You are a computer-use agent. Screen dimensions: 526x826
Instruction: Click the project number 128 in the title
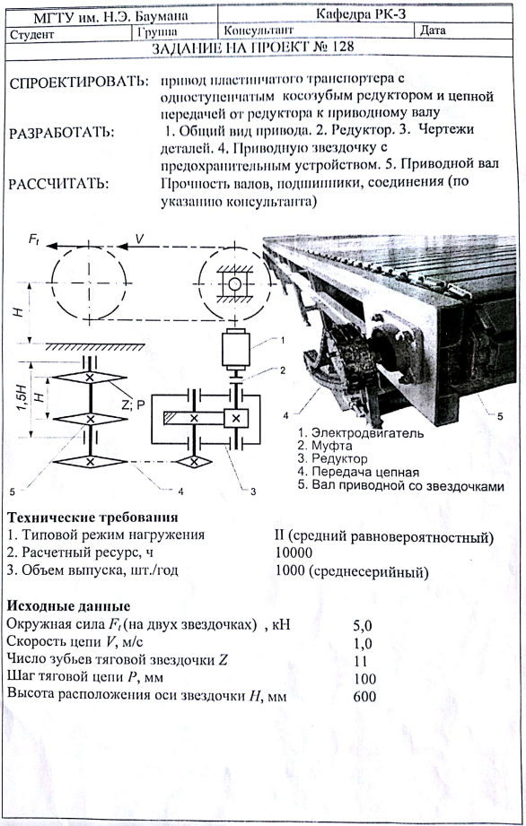(x=343, y=47)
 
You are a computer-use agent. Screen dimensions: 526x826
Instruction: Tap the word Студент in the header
(x=31, y=35)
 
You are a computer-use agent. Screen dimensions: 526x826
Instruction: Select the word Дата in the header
(x=433, y=30)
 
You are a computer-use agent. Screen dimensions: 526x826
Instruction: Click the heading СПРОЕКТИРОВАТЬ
(x=78, y=83)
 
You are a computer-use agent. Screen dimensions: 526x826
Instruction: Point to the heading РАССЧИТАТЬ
(x=59, y=184)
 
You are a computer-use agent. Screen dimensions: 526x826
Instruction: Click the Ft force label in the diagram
(x=34, y=240)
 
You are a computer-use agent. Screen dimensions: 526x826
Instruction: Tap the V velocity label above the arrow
(x=139, y=239)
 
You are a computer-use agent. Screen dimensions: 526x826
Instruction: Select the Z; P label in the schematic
(x=131, y=404)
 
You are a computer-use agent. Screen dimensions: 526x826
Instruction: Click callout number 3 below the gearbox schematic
(x=253, y=491)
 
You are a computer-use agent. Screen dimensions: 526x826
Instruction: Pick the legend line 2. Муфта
(x=325, y=446)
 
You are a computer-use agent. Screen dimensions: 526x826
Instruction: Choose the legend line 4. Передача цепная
(x=358, y=472)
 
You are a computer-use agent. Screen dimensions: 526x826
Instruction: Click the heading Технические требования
(x=92, y=517)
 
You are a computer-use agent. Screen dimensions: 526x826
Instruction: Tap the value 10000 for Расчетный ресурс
(x=294, y=552)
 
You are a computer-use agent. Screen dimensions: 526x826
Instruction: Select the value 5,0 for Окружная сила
(x=363, y=626)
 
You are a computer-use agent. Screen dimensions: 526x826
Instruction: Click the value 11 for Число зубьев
(x=361, y=661)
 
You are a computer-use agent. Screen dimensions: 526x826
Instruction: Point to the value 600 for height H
(x=364, y=697)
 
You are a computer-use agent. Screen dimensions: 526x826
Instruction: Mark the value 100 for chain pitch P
(x=364, y=679)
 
